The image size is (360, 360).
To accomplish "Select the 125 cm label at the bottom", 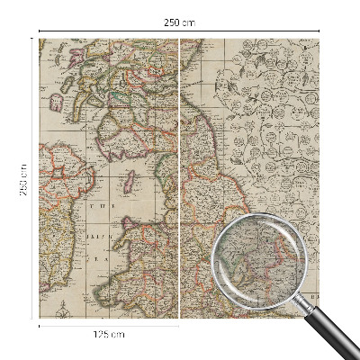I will pyautogui.click(x=109, y=334).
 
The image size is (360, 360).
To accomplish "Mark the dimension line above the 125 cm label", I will pyautogui.click(x=109, y=326).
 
